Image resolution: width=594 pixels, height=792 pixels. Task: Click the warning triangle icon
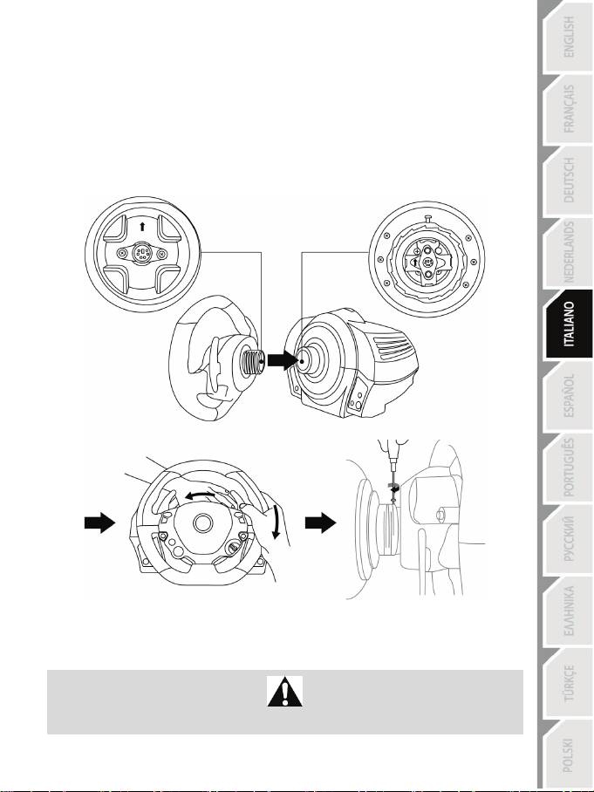(283, 693)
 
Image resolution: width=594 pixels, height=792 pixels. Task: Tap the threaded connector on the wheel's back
(252, 358)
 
